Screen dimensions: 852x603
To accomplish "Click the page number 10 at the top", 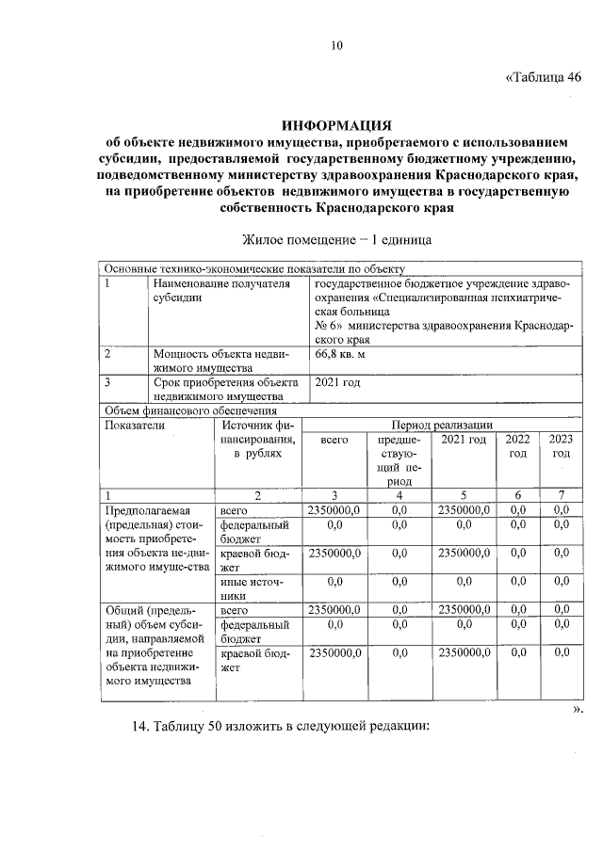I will click(337, 44).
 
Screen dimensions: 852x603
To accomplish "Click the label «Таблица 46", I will click(544, 76).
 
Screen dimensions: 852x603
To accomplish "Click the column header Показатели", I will click(136, 426).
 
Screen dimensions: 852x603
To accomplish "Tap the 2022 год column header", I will click(517, 446).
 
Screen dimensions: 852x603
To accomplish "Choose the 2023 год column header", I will click(561, 446).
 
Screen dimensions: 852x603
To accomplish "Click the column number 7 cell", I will click(561, 495).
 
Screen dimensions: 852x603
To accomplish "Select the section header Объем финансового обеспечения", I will click(189, 410).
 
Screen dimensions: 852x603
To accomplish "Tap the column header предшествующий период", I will click(399, 459).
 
